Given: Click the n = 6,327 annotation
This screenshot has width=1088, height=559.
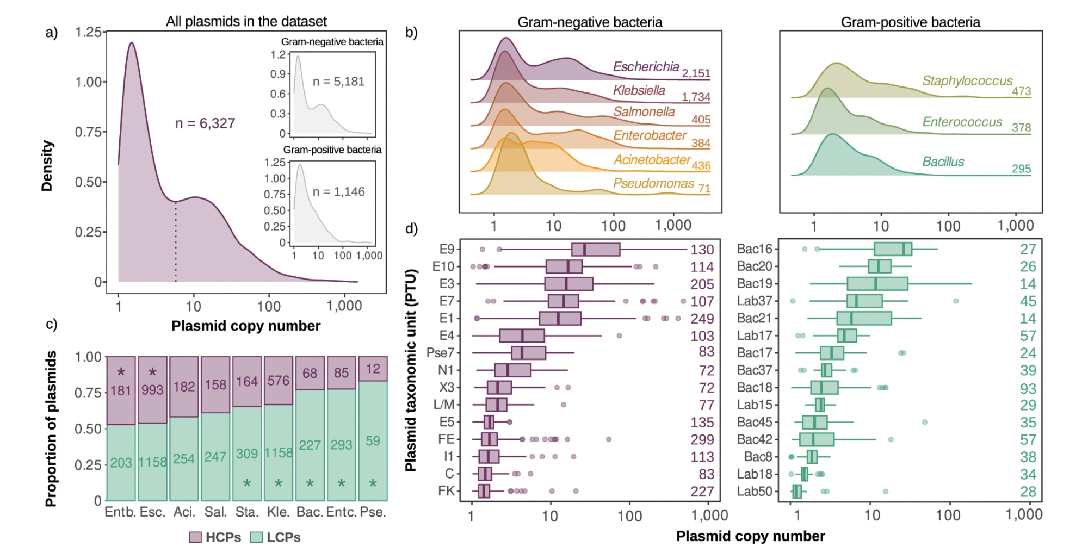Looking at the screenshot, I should pyautogui.click(x=205, y=123).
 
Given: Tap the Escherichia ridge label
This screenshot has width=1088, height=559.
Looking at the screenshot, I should pyautogui.click(x=646, y=67).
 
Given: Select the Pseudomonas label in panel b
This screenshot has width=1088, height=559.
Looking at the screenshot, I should pyautogui.click(x=653, y=183).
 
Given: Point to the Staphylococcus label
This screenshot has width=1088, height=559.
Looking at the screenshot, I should pyautogui.click(x=967, y=81).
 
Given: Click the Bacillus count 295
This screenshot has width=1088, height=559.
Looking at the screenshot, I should pyautogui.click(x=1021, y=169).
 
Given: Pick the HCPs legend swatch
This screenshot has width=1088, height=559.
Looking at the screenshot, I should pyautogui.click(x=195, y=537).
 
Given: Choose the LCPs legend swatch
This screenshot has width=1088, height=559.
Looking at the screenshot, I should pyautogui.click(x=256, y=537).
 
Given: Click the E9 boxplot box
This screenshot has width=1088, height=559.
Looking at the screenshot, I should pyautogui.click(x=596, y=250).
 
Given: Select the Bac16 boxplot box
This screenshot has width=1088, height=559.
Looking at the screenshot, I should pyautogui.click(x=893, y=249).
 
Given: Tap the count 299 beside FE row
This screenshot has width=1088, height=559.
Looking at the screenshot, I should pyautogui.click(x=702, y=439).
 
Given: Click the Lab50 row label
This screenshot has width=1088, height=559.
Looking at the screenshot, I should pyautogui.click(x=755, y=492).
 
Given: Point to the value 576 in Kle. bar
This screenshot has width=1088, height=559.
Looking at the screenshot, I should pyautogui.click(x=278, y=381).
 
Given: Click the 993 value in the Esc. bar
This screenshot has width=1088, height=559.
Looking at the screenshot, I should pyautogui.click(x=152, y=390).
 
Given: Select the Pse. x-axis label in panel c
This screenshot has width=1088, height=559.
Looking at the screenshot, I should pyautogui.click(x=373, y=512).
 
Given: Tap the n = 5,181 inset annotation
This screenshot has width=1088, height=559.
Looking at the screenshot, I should pyautogui.click(x=338, y=82).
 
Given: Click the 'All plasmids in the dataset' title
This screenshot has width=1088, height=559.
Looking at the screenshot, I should pyautogui.click(x=246, y=22).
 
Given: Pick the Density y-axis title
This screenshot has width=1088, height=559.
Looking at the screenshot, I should pyautogui.click(x=47, y=166).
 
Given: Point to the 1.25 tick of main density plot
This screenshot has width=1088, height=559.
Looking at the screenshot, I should pyautogui.click(x=89, y=32).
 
